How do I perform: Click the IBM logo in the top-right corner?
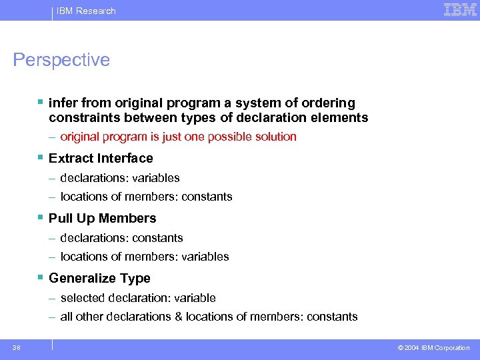(460, 10)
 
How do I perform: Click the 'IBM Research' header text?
(86, 11)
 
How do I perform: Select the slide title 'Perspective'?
(61, 60)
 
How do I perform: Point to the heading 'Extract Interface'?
(101, 158)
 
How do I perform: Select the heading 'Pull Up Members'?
(102, 218)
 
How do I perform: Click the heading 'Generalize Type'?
(99, 278)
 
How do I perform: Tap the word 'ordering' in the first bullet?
(329, 103)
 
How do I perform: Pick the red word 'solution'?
(271, 137)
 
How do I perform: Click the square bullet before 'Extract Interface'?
(41, 157)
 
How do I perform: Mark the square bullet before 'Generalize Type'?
(41, 277)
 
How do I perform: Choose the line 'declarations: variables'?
(119, 178)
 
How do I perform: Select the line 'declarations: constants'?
(121, 238)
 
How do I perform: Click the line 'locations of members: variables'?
(144, 257)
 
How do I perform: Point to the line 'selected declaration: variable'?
(137, 298)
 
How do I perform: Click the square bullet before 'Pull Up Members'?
(41, 217)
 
